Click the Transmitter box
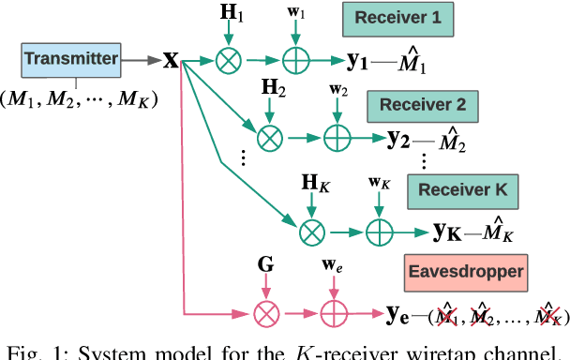coord(71,60)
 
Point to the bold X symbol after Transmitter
coord(171,61)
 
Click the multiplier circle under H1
coord(228,61)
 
